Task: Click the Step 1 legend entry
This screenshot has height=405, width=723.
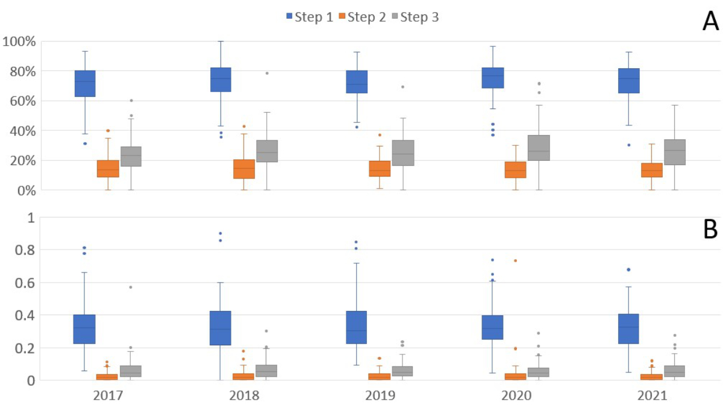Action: click(x=310, y=17)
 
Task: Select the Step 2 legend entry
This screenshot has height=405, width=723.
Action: click(x=362, y=17)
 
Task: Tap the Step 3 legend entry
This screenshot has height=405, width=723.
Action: click(x=415, y=17)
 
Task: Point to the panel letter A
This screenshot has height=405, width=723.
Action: click(x=710, y=22)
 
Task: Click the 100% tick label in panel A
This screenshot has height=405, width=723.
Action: click(x=19, y=42)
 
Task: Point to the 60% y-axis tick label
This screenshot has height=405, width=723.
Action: click(x=23, y=101)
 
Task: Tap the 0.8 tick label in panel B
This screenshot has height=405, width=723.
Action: click(x=25, y=250)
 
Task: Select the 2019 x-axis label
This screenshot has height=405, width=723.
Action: click(x=380, y=395)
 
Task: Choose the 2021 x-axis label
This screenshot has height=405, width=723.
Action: click(x=652, y=395)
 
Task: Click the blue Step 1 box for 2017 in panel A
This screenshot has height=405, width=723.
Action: click(x=85, y=84)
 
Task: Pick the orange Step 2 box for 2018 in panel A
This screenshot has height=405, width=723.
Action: click(x=244, y=169)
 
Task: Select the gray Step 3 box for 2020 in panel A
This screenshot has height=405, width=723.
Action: click(x=539, y=148)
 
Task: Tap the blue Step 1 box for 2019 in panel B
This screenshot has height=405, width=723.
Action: click(x=356, y=327)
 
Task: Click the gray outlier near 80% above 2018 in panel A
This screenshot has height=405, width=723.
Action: click(x=267, y=74)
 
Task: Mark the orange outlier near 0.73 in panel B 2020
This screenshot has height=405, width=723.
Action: click(x=516, y=260)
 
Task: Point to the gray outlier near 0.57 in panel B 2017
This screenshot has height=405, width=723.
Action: click(x=131, y=287)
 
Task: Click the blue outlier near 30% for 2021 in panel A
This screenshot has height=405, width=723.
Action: click(x=629, y=145)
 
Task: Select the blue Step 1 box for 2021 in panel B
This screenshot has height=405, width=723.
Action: click(x=628, y=329)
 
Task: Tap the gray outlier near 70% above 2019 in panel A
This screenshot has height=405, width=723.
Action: click(x=402, y=87)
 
